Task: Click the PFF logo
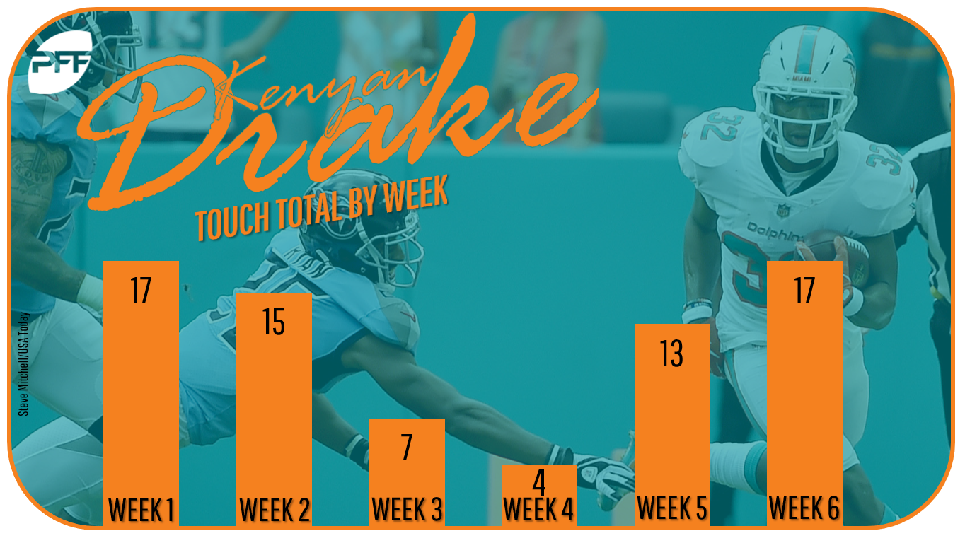(59, 62)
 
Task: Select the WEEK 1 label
(141, 510)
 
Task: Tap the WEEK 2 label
(275, 510)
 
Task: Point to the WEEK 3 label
(407, 509)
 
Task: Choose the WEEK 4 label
(538, 509)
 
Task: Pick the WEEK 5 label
(672, 508)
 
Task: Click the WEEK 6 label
(804, 508)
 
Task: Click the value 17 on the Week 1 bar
(141, 291)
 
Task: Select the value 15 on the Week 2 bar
(274, 322)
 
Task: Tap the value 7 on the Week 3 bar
(407, 448)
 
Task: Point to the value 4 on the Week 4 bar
(539, 482)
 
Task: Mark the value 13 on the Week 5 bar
(671, 354)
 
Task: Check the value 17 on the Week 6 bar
(804, 291)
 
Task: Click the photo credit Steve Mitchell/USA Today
(23, 364)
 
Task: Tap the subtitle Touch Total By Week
(322, 208)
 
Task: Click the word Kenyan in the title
(328, 84)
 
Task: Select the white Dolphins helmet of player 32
(804, 93)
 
